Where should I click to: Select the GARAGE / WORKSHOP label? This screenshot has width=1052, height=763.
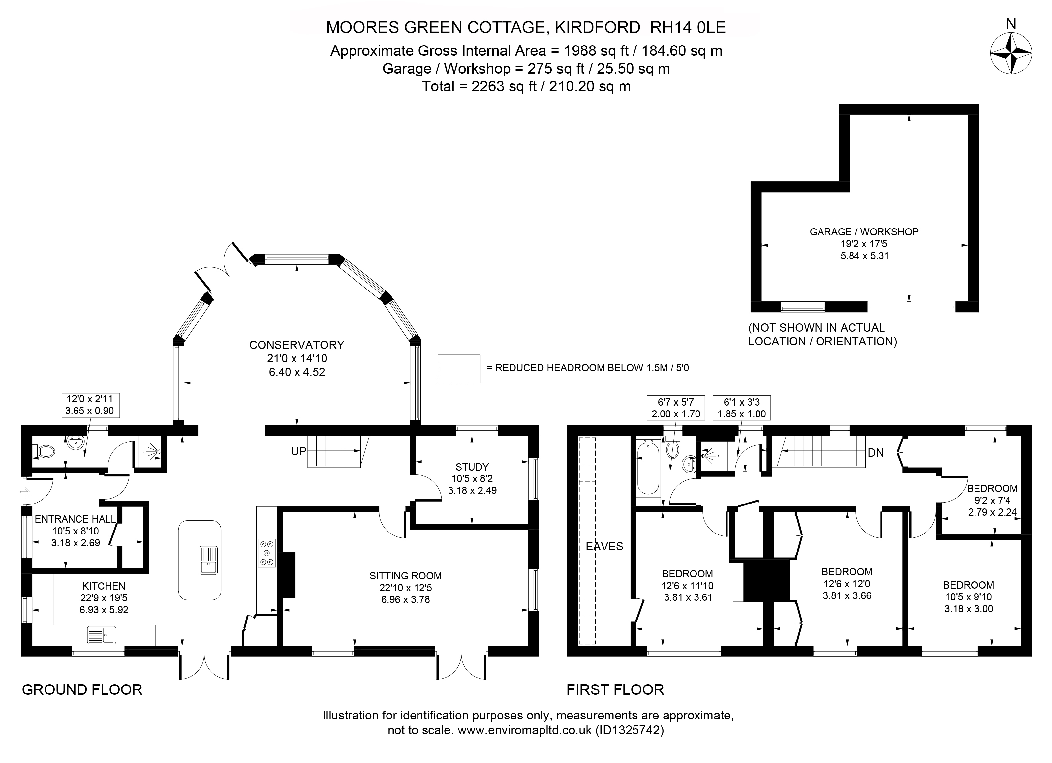pyautogui.click(x=864, y=232)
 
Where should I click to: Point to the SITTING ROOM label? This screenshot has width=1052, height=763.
pyautogui.click(x=405, y=576)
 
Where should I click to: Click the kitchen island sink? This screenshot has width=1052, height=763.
pyautogui.click(x=208, y=560)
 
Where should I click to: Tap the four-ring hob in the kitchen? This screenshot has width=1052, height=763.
pyautogui.click(x=267, y=553)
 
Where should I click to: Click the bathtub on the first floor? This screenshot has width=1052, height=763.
pyautogui.click(x=648, y=469)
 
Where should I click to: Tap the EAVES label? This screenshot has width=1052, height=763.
pyautogui.click(x=604, y=546)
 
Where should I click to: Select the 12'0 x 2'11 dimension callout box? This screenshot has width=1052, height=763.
pyautogui.click(x=90, y=405)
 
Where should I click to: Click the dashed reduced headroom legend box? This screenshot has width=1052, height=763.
pyautogui.click(x=459, y=369)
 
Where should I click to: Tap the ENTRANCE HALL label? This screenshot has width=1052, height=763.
pyautogui.click(x=75, y=519)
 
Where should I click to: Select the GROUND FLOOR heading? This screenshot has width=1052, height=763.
pyautogui.click(x=82, y=690)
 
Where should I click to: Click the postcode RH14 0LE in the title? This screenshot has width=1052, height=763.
pyautogui.click(x=688, y=28)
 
